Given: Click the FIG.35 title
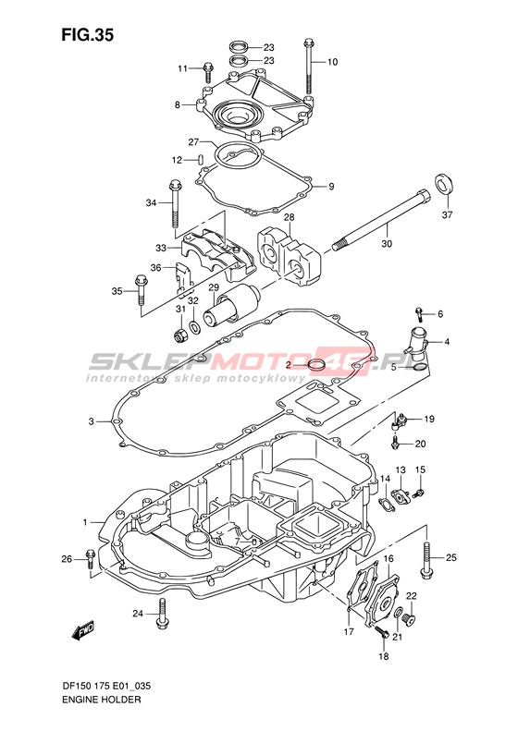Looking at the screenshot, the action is (x=87, y=35).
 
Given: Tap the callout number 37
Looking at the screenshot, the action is (x=447, y=215).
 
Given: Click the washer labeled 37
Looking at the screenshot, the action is (x=444, y=184).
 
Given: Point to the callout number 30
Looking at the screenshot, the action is (x=387, y=243).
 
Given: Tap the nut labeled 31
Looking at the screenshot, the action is (x=181, y=334).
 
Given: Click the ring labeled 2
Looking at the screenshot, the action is (x=317, y=365).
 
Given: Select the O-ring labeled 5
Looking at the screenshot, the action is (x=420, y=368).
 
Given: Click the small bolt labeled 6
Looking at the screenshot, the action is (x=420, y=315).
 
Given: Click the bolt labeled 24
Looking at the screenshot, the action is (x=162, y=614).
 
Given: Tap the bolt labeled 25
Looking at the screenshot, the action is (x=425, y=560).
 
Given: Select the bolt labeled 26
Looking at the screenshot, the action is (x=91, y=559).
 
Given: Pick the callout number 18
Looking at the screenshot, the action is (x=383, y=656).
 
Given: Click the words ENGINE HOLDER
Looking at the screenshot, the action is (x=100, y=700).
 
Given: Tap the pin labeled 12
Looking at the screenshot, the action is (x=200, y=160).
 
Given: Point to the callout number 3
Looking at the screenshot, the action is (x=91, y=421).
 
